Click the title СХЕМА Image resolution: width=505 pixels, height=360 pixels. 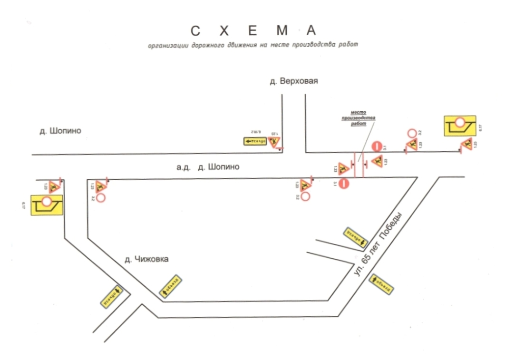[x=253, y=31]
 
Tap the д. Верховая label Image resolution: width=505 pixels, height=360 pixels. [x=293, y=81]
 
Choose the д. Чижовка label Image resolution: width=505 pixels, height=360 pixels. [x=146, y=259]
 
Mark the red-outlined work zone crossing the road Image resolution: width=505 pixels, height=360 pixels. [x=359, y=165]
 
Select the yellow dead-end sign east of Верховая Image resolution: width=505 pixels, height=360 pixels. [x=460, y=125]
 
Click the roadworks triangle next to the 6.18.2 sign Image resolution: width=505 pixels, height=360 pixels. [x=274, y=142]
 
